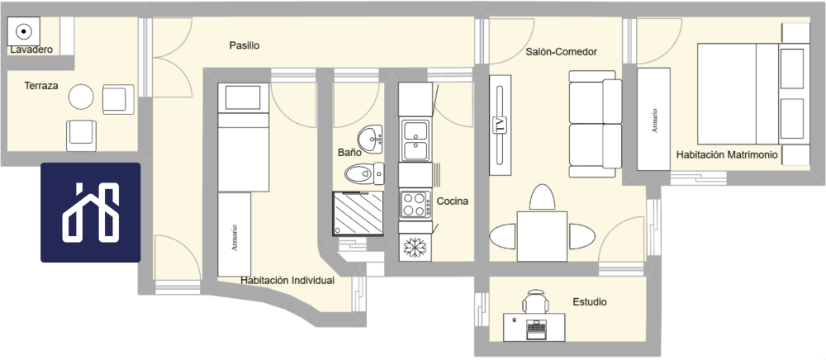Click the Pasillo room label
point(244,45)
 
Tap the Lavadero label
point(31,50)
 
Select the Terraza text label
point(40,85)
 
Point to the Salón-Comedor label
point(561,52)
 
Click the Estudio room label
point(589,302)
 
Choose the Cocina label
point(453,201)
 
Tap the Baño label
point(350,153)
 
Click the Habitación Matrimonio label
point(727,154)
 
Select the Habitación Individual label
point(287,281)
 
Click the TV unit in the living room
point(499,126)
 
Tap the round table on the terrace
point(81,97)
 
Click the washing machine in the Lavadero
point(24,32)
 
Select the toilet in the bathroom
point(363,173)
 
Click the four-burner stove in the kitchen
point(413,204)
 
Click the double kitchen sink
point(415,140)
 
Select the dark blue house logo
point(91,212)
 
